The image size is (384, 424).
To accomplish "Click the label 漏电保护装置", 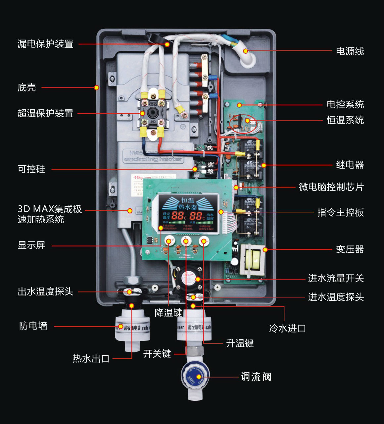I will tap(45, 44).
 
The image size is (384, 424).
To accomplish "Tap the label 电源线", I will tap(350, 51).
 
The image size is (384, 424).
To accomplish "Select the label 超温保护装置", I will tap(45, 113).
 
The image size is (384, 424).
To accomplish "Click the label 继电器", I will tap(350, 165).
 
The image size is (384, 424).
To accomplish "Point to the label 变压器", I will tap(350, 249).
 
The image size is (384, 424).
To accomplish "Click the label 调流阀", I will tap(256, 377).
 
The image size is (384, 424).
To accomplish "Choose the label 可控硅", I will tap(31, 169).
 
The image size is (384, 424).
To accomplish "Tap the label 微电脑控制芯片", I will tap(331, 187).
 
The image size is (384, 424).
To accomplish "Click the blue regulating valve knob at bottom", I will tap(196, 377).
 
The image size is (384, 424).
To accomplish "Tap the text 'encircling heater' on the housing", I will tap(153, 159).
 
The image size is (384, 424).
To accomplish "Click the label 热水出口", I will tap(91, 358).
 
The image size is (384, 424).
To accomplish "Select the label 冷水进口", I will tap(287, 328).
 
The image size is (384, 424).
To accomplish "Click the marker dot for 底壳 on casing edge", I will tap(96, 88).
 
